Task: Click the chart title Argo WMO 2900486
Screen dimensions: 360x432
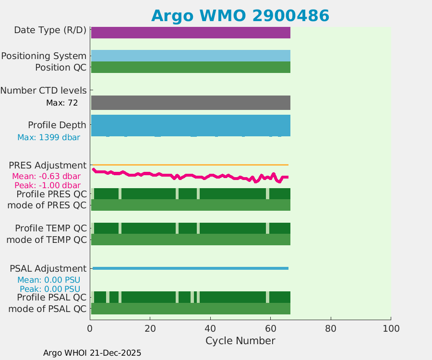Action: tap(240, 16)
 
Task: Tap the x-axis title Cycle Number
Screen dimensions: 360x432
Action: tap(240, 341)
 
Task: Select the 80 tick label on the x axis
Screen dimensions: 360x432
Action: tap(330, 329)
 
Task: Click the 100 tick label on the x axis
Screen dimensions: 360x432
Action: tap(391, 329)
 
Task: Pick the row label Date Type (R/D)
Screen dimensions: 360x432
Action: tap(50, 30)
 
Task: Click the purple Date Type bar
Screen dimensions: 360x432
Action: tap(191, 33)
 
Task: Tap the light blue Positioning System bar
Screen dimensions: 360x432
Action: tap(191, 56)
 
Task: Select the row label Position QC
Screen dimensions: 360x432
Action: tap(60, 68)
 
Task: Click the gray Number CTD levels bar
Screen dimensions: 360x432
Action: tap(191, 103)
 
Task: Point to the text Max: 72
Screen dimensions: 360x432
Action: tap(62, 103)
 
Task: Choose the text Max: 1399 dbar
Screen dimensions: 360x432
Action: tap(48, 138)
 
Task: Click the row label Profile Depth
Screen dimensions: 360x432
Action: tap(57, 125)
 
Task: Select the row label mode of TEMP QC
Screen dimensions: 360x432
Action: tap(47, 240)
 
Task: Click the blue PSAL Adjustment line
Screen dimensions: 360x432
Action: tap(191, 268)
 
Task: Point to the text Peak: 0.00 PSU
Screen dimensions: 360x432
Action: tap(50, 289)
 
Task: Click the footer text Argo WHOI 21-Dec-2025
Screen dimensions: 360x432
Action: tap(92, 353)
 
